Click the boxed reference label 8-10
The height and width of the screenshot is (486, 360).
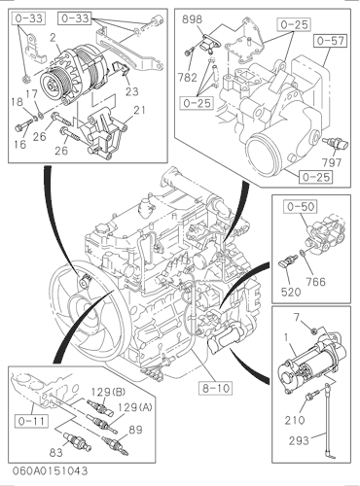[216, 388]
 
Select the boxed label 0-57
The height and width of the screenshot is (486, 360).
[331, 41]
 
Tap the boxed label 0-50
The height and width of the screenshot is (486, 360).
[301, 206]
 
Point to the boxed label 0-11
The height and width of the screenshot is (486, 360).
[32, 421]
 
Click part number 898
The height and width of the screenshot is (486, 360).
[192, 19]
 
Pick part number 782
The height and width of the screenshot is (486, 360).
[187, 78]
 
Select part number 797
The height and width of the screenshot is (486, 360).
[332, 162]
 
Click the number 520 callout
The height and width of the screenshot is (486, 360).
[291, 293]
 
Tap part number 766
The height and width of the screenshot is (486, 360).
[315, 282]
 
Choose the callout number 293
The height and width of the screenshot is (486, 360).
[299, 440]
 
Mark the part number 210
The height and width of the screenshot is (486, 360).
[295, 420]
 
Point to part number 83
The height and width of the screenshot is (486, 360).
[55, 452]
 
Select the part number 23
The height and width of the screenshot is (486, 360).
[131, 91]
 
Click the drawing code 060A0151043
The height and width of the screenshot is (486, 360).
[51, 470]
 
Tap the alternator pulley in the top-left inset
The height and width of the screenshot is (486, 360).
[53, 85]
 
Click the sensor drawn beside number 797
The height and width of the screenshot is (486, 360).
[335, 143]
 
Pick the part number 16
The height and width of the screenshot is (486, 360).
[20, 144]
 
